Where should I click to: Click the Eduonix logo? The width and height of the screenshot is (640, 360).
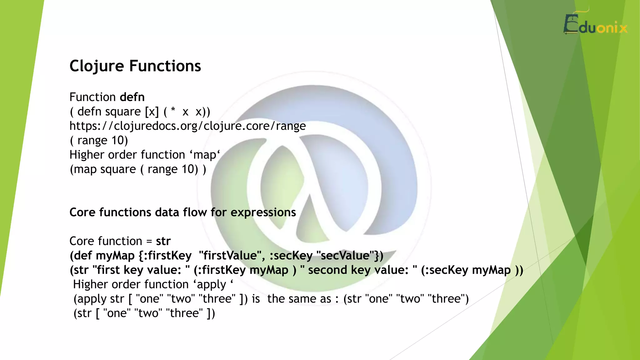595,24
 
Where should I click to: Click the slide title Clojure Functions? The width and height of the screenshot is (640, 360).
135,66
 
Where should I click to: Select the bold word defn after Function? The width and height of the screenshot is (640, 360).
132,97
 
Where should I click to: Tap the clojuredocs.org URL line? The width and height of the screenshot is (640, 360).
187,126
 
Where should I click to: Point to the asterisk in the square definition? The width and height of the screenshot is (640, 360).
173,111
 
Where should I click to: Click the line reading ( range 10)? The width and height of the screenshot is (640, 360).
99,140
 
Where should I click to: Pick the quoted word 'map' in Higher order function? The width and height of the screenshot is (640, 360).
205,155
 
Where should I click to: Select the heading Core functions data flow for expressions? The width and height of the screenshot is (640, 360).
182,212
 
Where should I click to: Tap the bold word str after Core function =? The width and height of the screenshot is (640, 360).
163,241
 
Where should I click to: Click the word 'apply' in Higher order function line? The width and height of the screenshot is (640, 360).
211,284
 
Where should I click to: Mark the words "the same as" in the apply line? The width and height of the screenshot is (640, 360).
299,299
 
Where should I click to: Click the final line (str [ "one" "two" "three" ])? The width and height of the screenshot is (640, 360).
144,313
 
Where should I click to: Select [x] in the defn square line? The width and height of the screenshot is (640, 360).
152,112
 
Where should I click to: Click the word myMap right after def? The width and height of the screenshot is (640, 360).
115,256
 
